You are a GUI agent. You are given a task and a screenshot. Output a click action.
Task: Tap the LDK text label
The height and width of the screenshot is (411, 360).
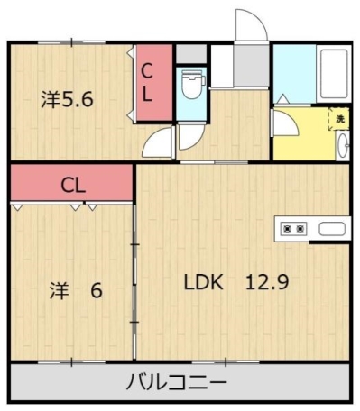click(x=203, y=280)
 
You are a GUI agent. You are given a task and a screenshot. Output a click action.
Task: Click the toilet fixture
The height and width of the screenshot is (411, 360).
click(x=190, y=86)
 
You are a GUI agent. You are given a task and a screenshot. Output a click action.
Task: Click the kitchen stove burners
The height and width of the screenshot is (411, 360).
click(x=294, y=229)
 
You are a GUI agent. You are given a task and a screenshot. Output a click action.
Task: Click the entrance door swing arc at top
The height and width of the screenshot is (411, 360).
click(x=250, y=24)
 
